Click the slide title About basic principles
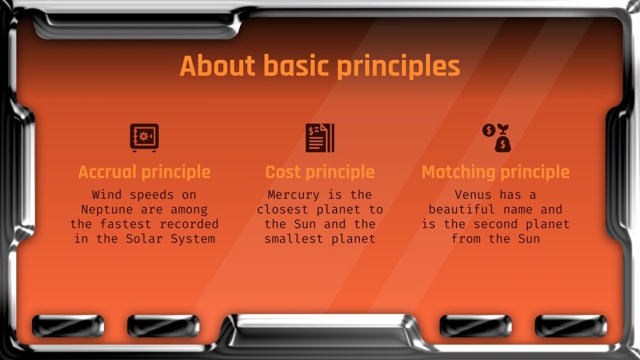[x=319, y=66]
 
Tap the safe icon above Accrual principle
[x=144, y=138]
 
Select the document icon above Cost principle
[x=319, y=138]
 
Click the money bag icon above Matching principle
[x=495, y=138]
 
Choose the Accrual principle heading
[x=144, y=172]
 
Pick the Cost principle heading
[x=319, y=172]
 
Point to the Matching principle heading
[x=495, y=172]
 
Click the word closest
[x=283, y=210]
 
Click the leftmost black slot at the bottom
[x=67, y=326]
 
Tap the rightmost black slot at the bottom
[x=571, y=326]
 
